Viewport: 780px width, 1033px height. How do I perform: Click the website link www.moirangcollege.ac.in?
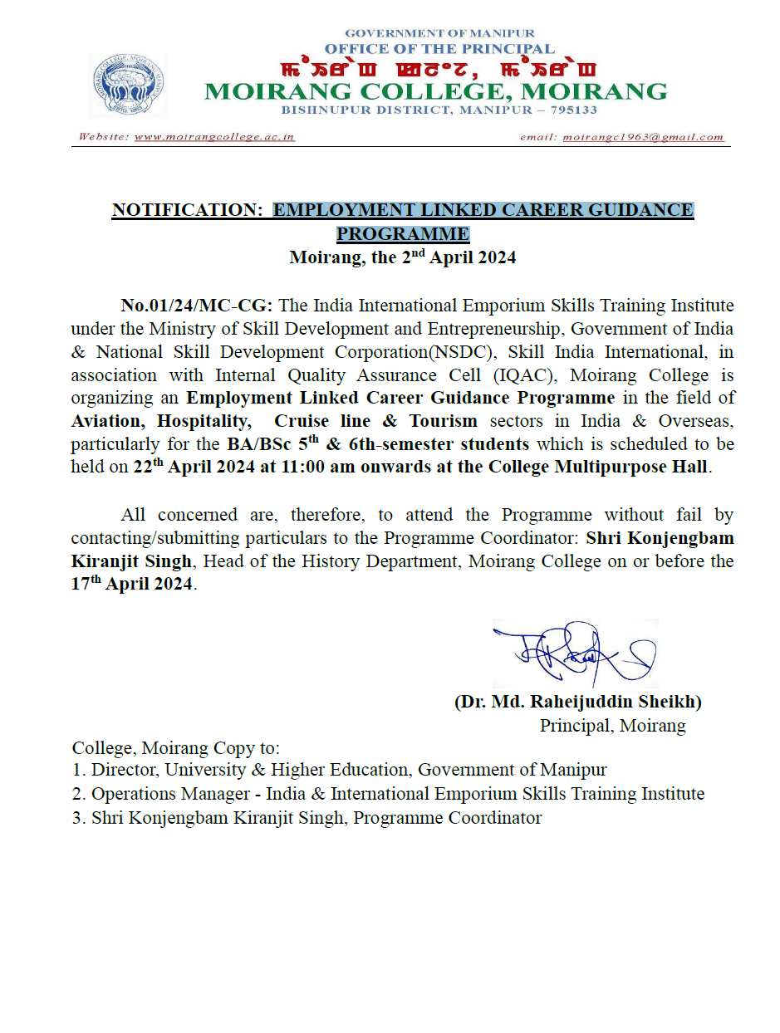[x=214, y=137]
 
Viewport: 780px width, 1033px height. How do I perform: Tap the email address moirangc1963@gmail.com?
[x=643, y=137]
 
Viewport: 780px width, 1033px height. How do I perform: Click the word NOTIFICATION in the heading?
[x=186, y=210]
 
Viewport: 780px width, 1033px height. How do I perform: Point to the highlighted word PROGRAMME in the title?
[x=402, y=233]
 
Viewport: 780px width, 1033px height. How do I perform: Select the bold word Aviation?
[x=107, y=421]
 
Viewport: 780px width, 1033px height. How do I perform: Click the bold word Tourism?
[x=440, y=421]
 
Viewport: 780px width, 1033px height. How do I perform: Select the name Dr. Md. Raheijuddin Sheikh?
[x=578, y=702]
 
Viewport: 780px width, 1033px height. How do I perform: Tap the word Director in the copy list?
[x=121, y=770]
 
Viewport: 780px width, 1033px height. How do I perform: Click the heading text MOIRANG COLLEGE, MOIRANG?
[x=435, y=90]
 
